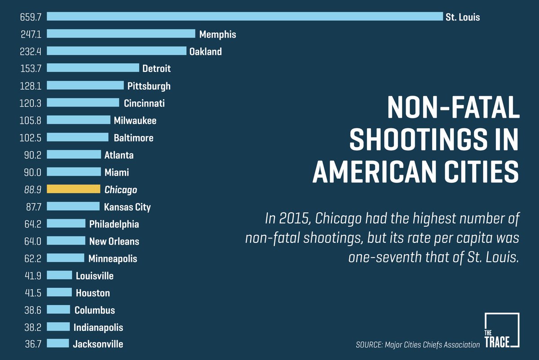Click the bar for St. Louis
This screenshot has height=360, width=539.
245,17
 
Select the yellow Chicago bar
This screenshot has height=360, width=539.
74,189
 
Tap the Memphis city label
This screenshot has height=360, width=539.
217,34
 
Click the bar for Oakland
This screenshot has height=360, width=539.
116,51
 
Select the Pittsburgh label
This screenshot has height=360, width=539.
149,86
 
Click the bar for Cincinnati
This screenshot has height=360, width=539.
83,103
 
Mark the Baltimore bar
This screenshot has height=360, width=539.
78,137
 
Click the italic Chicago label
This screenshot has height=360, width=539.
120,190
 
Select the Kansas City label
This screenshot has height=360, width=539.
127,207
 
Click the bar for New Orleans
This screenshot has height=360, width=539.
66,241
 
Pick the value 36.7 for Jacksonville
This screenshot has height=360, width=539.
31,344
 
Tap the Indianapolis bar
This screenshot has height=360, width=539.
58,327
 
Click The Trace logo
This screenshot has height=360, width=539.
502,330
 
